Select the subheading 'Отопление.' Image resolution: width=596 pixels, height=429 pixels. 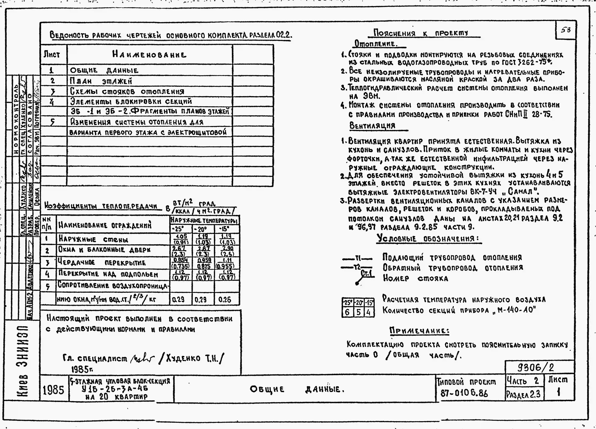[376, 43]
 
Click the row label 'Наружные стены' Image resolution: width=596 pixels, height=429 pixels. [93, 239]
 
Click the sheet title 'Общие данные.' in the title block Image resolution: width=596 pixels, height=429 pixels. [297, 389]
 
